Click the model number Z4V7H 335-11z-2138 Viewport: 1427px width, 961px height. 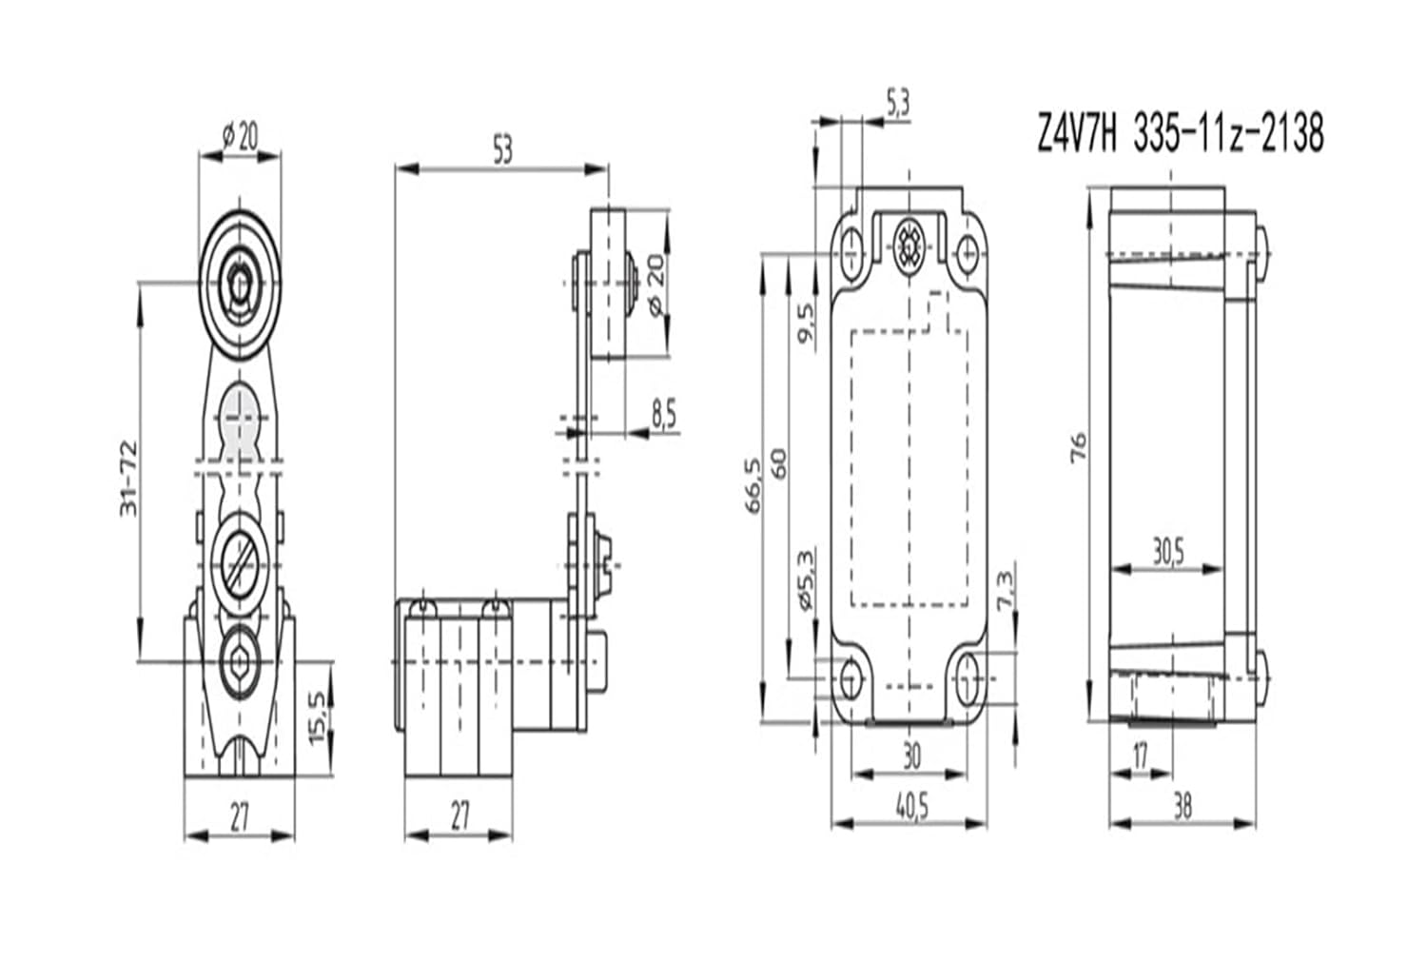coord(1179,133)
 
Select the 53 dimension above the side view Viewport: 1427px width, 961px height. coord(501,150)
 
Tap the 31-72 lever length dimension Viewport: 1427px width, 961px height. coord(129,479)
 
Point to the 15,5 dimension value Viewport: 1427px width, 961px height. coord(318,716)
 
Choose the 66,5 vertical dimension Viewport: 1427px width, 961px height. coord(753,485)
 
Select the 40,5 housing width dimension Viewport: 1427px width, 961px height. coord(910,806)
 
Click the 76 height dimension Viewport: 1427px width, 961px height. coord(1078,447)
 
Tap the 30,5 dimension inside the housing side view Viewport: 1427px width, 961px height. coord(1167,552)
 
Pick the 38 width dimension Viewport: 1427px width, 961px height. coord(1182,807)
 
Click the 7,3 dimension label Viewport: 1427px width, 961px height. coord(1005,593)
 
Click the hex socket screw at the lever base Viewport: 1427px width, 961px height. coord(237,660)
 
